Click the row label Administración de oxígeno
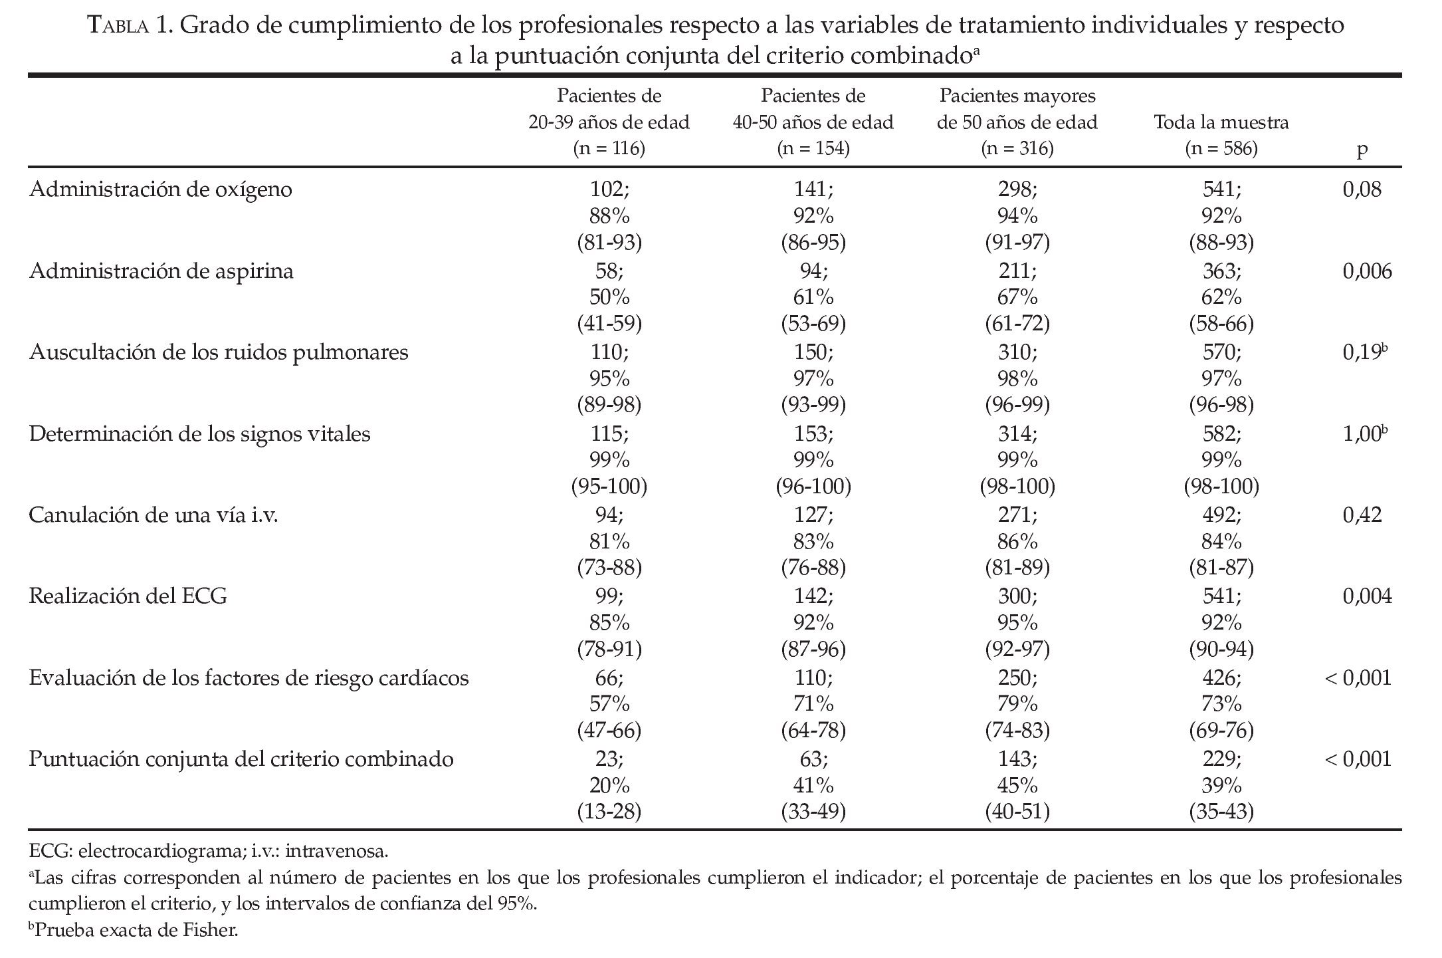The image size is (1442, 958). (161, 189)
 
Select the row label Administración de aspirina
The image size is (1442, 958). (161, 271)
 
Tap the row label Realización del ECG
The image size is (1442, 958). (128, 596)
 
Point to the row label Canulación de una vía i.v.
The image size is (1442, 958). (154, 515)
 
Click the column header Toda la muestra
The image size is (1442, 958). (1221, 122)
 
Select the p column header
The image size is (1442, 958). (1362, 149)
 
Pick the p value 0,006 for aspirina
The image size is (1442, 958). (1367, 271)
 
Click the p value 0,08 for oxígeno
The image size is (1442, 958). (1362, 189)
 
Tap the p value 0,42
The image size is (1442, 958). (1362, 515)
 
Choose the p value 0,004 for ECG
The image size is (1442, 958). (1367, 596)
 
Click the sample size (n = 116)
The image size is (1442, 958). (609, 148)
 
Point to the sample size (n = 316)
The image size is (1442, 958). (1017, 148)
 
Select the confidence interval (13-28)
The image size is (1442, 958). (609, 812)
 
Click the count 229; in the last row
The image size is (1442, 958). (1221, 759)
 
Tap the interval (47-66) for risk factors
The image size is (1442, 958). (609, 731)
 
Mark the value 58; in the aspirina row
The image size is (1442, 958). (609, 271)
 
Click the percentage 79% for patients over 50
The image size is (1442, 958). (1017, 704)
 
